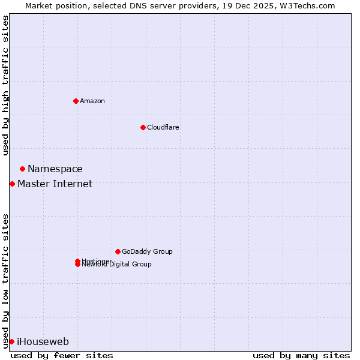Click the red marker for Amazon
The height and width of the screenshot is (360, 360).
click(76, 101)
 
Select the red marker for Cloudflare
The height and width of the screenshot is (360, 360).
click(143, 127)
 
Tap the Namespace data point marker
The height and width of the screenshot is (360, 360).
click(22, 169)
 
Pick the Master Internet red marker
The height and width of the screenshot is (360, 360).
click(12, 184)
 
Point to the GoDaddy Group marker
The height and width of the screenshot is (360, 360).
click(118, 251)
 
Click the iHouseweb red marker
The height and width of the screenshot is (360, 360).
click(11, 341)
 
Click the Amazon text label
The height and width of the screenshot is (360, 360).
click(92, 101)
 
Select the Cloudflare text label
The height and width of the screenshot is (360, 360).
click(163, 127)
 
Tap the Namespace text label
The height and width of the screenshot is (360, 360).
click(55, 169)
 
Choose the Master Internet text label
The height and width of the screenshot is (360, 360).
click(55, 184)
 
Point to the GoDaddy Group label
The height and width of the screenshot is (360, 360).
click(147, 251)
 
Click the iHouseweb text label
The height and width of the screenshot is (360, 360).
click(43, 342)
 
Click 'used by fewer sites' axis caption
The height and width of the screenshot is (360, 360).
click(62, 355)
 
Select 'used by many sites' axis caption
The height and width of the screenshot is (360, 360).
click(301, 355)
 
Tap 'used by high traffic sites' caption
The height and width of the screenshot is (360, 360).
click(5, 85)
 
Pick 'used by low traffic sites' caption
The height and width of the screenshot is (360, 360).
click(5, 281)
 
